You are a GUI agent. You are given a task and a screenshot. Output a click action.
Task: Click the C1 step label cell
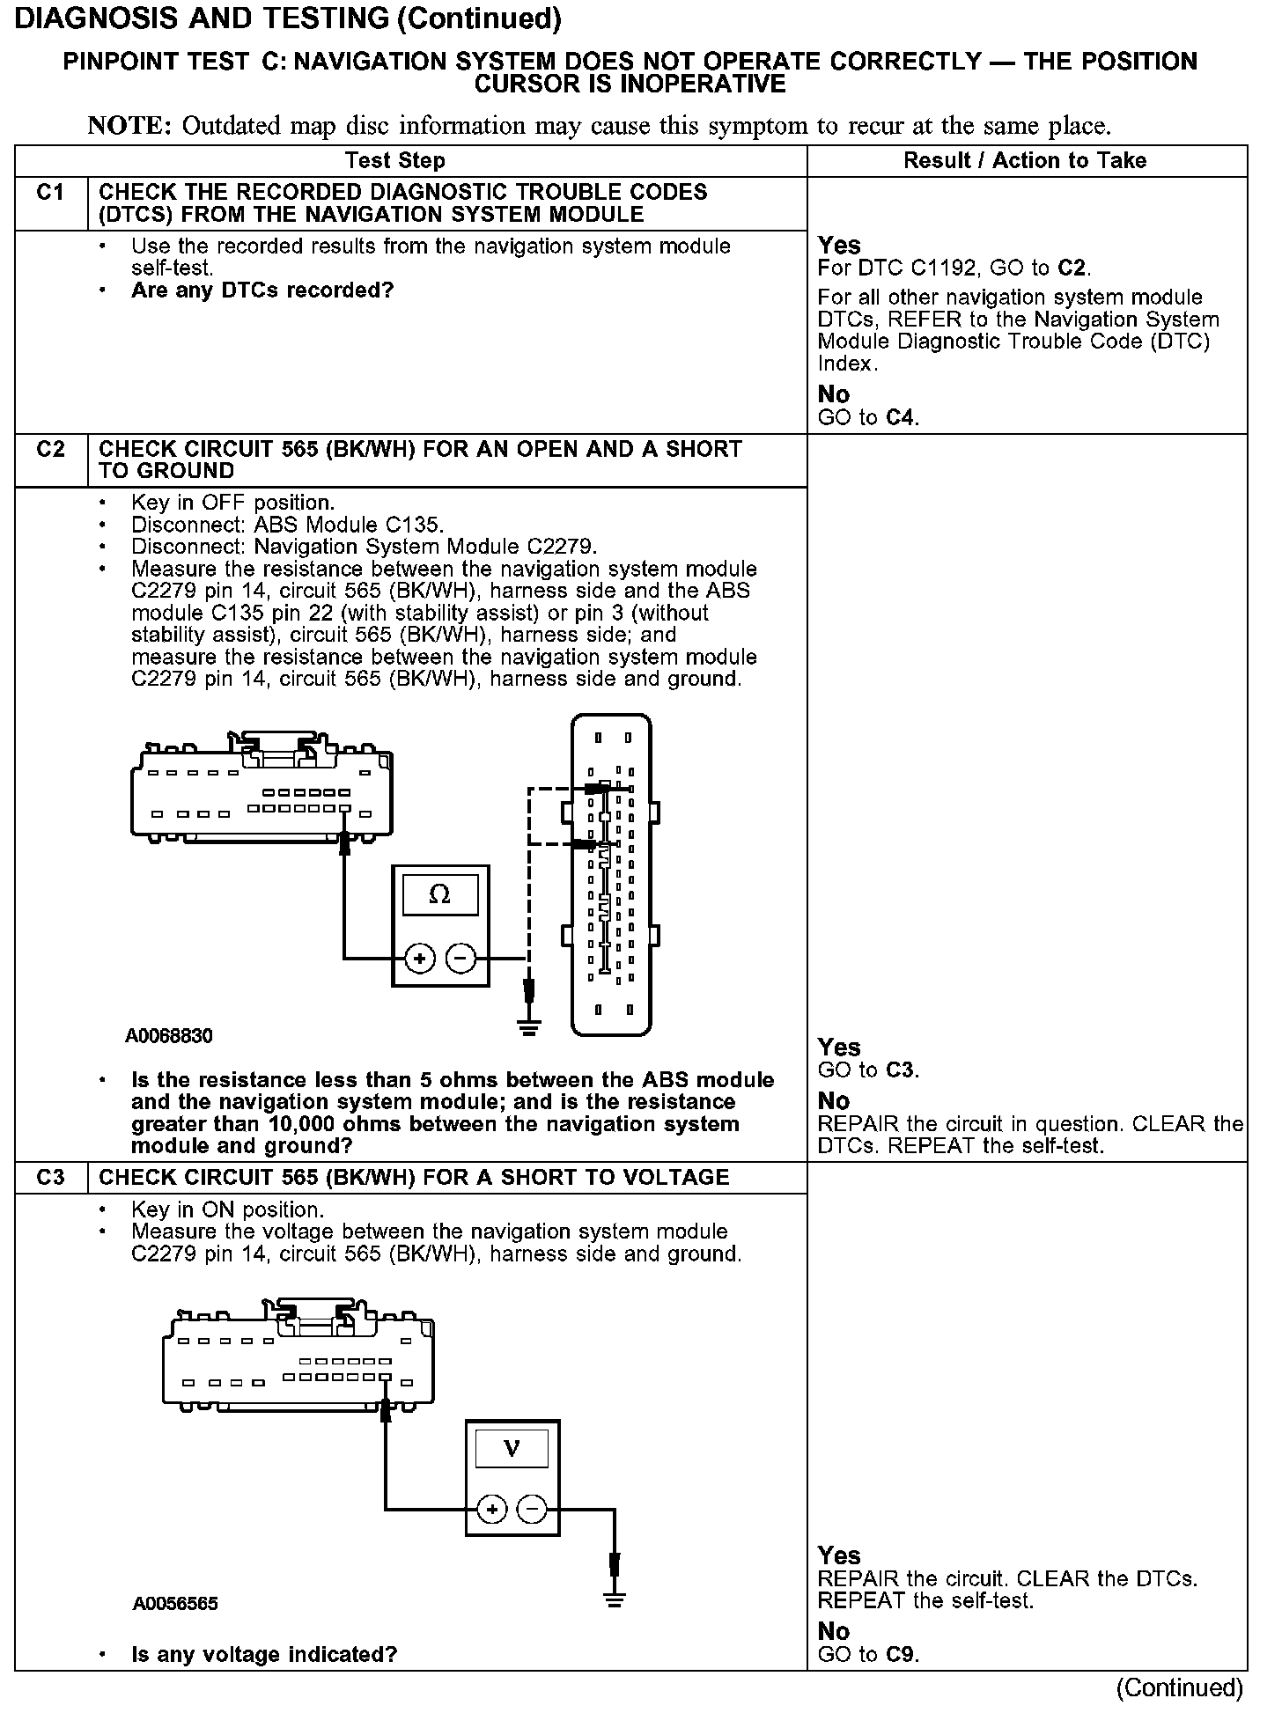[51, 193]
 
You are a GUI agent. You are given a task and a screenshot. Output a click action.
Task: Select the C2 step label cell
[51, 450]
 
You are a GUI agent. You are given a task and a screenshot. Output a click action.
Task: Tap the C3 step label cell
[51, 1178]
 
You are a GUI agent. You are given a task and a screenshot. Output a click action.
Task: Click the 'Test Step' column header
[395, 161]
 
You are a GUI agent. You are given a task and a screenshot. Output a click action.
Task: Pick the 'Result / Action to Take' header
[1025, 161]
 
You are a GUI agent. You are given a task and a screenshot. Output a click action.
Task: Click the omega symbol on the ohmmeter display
[439, 895]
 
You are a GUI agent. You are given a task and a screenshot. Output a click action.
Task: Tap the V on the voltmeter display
[512, 1449]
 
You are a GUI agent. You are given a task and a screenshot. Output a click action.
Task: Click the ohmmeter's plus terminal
[420, 958]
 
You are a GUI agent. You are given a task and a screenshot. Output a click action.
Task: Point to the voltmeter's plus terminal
[491, 1511]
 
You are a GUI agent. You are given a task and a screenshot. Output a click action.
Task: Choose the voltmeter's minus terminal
[532, 1511]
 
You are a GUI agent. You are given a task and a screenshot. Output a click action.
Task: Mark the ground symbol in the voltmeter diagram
[615, 1599]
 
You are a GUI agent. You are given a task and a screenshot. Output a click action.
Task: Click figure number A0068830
[169, 1036]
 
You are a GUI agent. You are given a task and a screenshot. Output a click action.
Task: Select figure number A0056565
[175, 1604]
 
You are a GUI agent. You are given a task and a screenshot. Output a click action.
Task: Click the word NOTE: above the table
[129, 126]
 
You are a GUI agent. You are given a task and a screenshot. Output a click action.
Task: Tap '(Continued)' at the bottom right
[1179, 1687]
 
